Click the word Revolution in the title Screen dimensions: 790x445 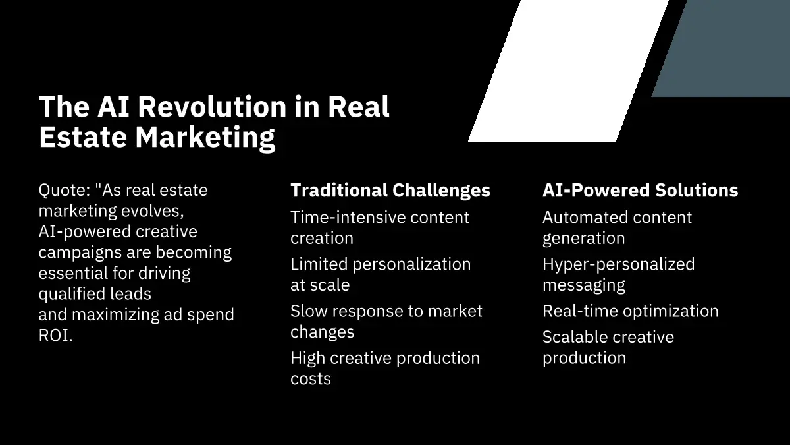pos(212,107)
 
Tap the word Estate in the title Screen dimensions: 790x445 pos(83,137)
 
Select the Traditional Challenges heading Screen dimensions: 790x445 pos(390,190)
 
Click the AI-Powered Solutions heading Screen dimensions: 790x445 pos(640,190)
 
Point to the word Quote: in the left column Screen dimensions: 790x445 pos(65,190)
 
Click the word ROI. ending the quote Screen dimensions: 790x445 pos(56,336)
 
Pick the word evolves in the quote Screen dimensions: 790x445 pos(153,211)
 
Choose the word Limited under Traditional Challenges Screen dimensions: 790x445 pos(319,264)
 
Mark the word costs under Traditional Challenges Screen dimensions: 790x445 pos(311,379)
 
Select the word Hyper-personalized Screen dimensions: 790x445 pos(619,265)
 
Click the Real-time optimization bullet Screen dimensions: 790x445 pos(631,312)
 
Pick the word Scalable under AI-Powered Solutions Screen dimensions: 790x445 pos(579,337)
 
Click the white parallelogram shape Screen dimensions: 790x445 pos(569,71)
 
